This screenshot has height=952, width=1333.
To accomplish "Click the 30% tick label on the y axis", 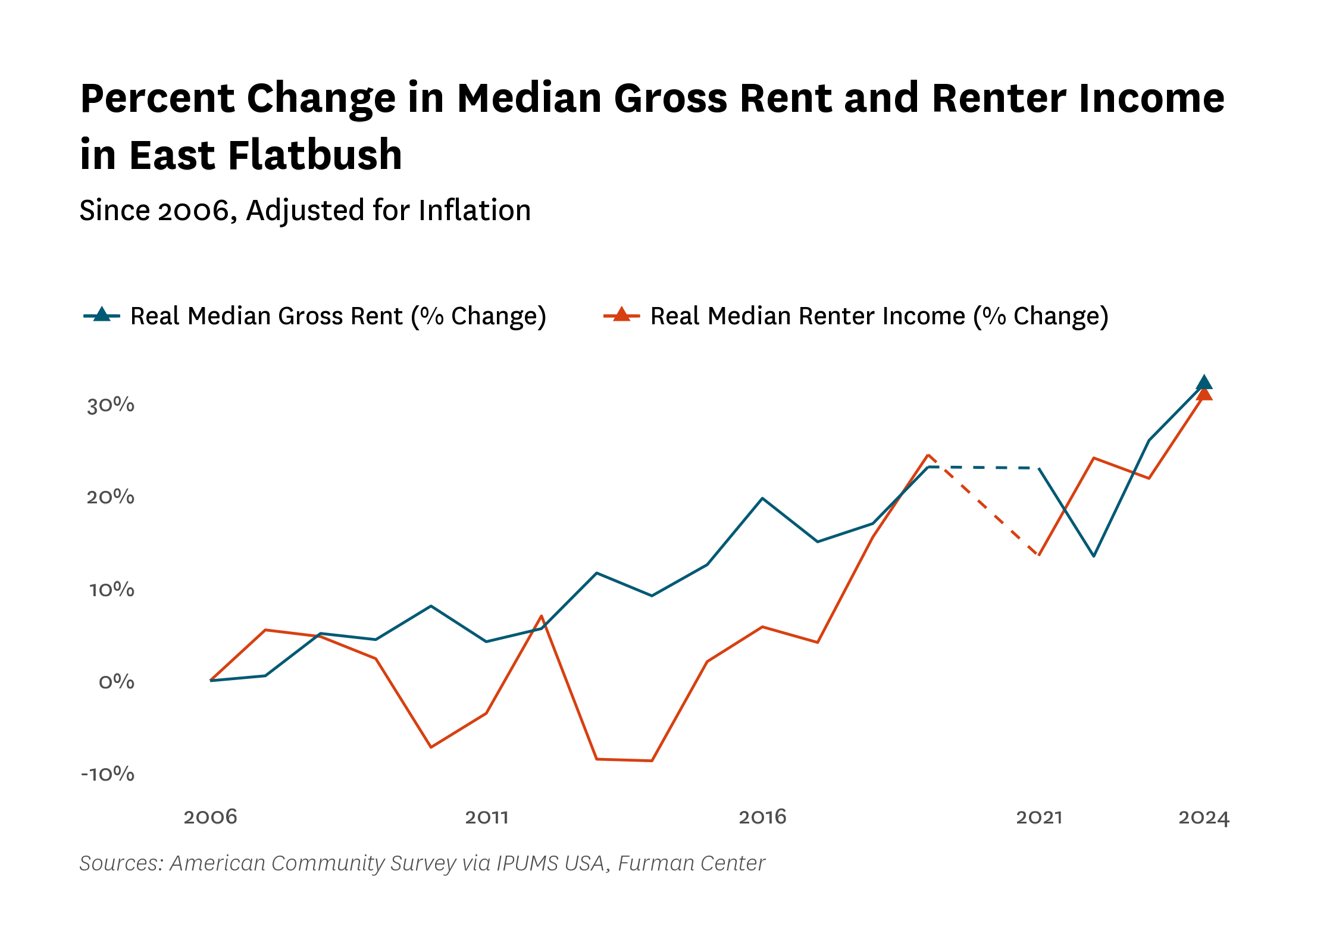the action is (111, 405).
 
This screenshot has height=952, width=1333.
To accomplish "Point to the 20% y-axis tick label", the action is (111, 497).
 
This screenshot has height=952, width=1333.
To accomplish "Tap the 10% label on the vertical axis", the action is (112, 590).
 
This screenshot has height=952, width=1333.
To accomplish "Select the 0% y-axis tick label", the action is (117, 682).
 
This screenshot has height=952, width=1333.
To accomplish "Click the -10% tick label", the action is (108, 774).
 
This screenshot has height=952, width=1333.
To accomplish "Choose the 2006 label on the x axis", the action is (211, 817).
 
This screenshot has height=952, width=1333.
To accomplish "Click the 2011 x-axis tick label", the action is (487, 817).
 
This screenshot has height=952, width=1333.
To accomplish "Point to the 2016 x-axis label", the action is (763, 817).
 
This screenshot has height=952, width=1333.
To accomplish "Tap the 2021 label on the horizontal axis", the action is (1039, 817).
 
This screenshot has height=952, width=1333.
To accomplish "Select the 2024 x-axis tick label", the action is (1204, 817).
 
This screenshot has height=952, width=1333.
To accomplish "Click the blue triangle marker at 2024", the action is (1204, 383).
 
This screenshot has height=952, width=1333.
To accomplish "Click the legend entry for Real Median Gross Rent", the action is (315, 316).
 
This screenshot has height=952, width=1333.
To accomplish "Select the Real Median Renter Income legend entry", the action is (856, 316).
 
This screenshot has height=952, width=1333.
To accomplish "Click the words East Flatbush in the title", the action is (265, 155).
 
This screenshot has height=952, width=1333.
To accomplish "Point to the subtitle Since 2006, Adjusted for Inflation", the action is (305, 211).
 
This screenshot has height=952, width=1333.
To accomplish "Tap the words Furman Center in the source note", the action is (691, 863).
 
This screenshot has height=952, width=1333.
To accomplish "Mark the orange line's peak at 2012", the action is (542, 616).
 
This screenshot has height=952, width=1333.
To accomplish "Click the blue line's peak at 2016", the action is (762, 498).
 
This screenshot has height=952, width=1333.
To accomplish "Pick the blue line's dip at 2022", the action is (1094, 556).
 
